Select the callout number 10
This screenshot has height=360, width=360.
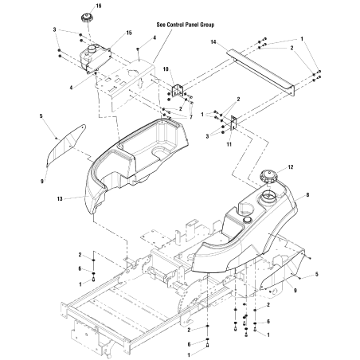click(x=166, y=70)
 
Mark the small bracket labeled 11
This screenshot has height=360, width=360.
click(x=233, y=124)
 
